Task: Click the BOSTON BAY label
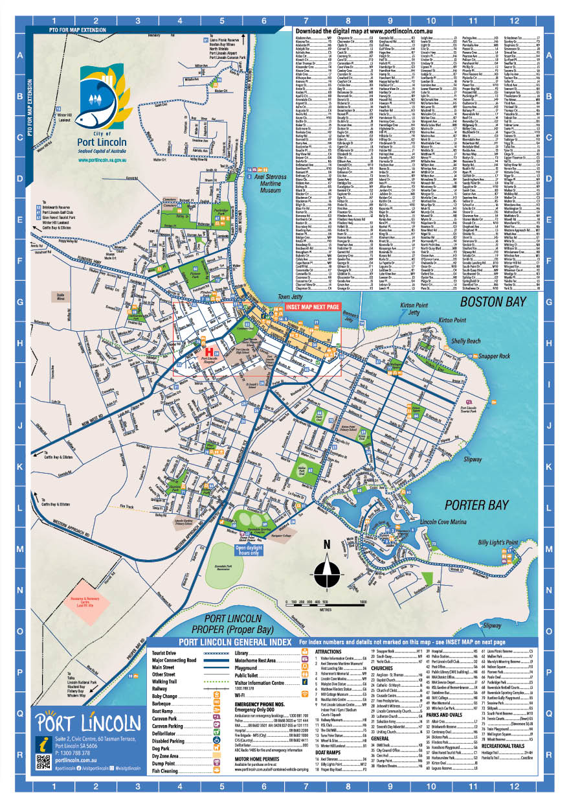492,303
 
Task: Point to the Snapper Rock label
495,356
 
